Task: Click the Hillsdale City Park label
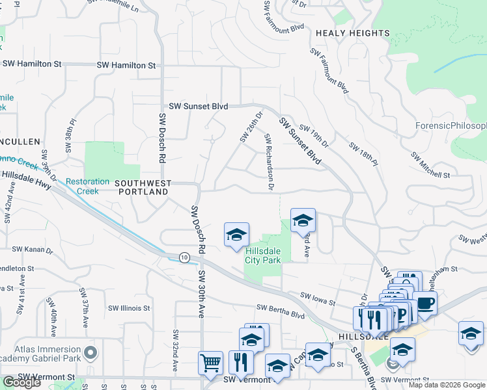click(262, 255)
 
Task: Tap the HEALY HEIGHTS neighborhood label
click(352, 33)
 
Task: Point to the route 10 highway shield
click(185, 258)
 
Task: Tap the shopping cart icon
click(210, 363)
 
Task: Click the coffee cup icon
click(424, 303)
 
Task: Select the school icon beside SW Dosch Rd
click(236, 235)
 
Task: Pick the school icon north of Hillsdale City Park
click(303, 221)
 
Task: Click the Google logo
click(21, 382)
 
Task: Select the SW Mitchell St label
click(430, 166)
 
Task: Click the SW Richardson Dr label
click(269, 162)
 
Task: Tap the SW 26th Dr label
click(251, 127)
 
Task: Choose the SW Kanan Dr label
click(27, 249)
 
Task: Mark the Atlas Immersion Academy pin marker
click(90, 354)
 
